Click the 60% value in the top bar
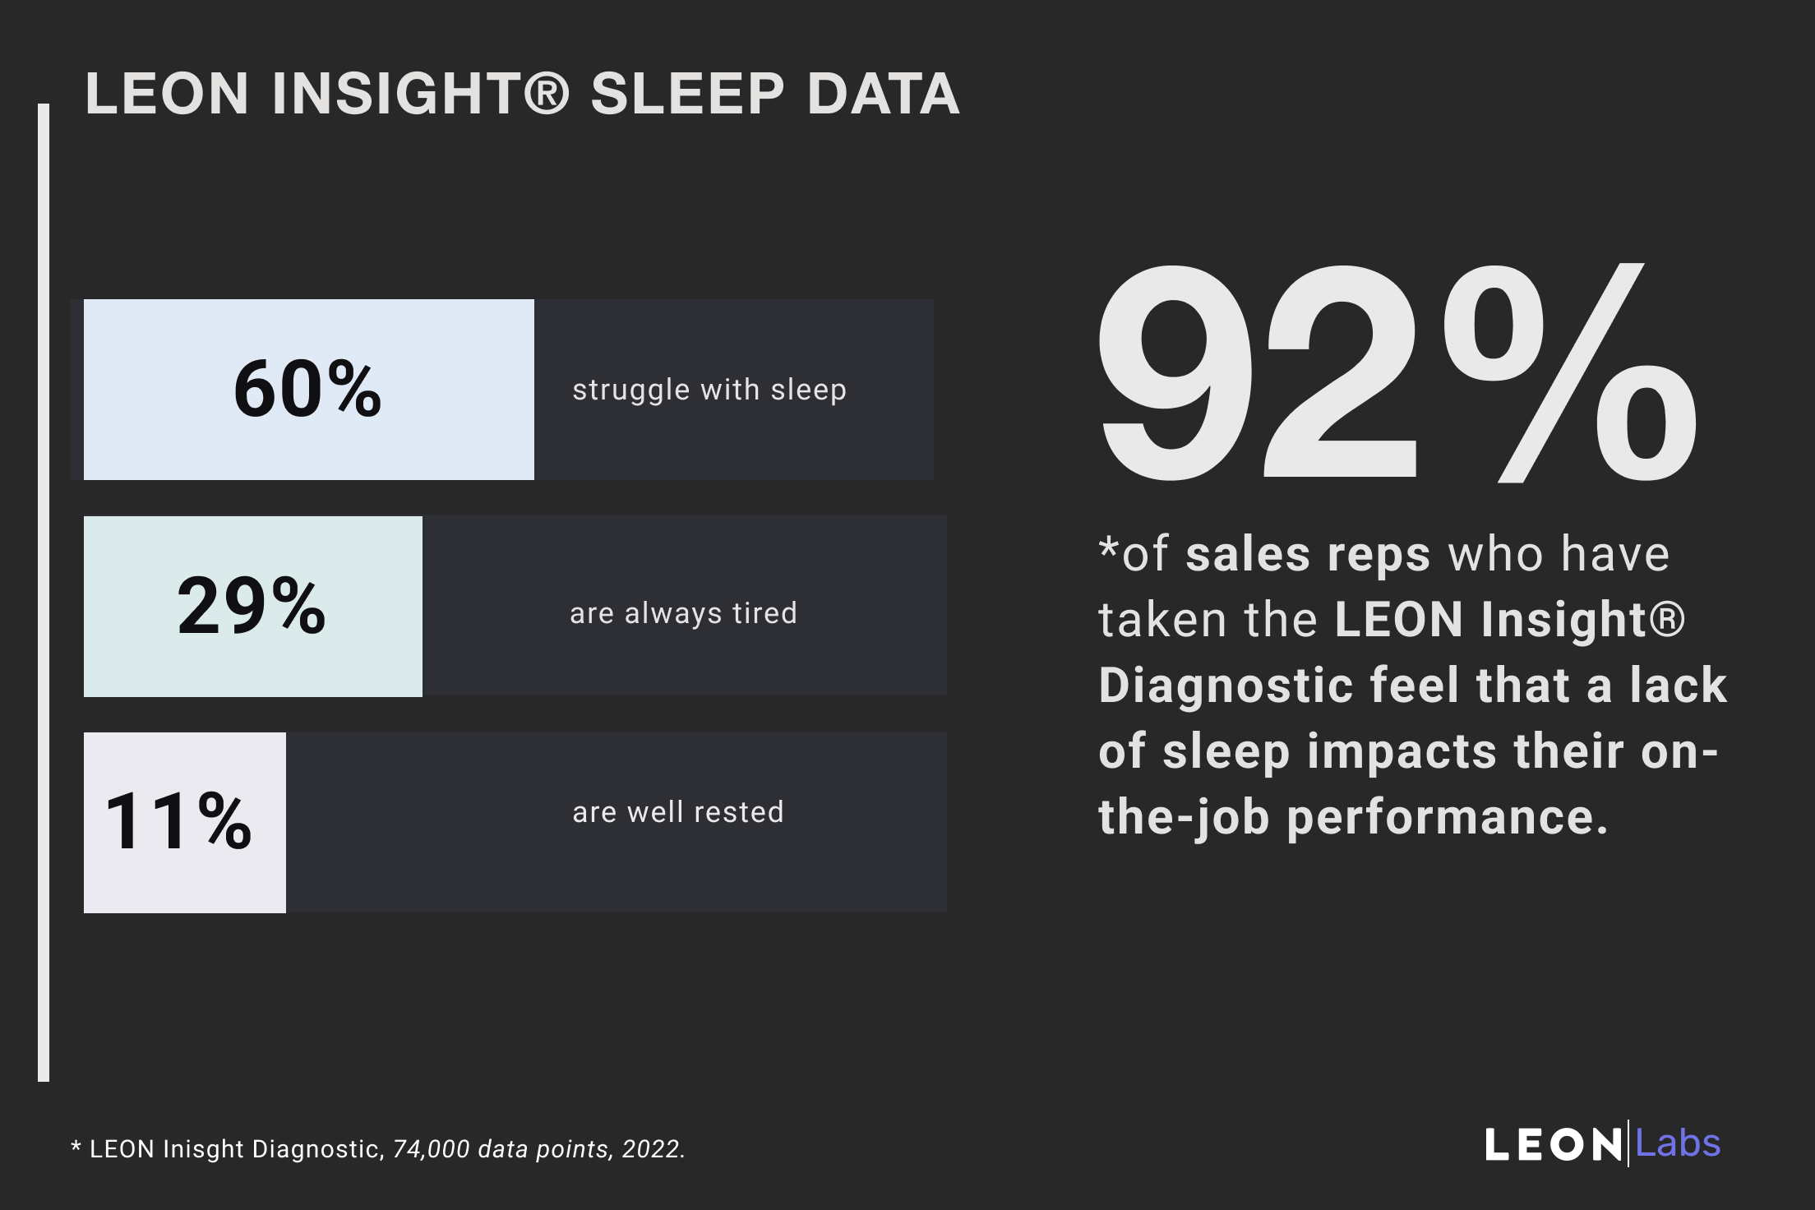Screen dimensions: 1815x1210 point(307,389)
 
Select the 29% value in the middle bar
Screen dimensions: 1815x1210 point(252,606)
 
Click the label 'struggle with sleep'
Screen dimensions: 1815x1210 point(709,390)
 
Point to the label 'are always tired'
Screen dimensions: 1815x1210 point(683,613)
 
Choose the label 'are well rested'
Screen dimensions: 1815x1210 point(678,812)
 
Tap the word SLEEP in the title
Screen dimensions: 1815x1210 point(687,94)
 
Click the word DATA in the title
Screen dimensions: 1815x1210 point(883,94)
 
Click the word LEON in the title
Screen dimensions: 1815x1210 point(167,94)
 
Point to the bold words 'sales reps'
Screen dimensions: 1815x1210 point(1308,555)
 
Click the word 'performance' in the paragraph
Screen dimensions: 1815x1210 point(1446,819)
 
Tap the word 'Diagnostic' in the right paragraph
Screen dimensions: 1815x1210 point(1226,686)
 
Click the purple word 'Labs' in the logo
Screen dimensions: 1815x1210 point(1678,1143)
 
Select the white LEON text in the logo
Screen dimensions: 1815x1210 point(1553,1145)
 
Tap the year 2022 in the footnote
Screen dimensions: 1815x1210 point(653,1149)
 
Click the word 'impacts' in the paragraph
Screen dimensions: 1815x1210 point(1402,752)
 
